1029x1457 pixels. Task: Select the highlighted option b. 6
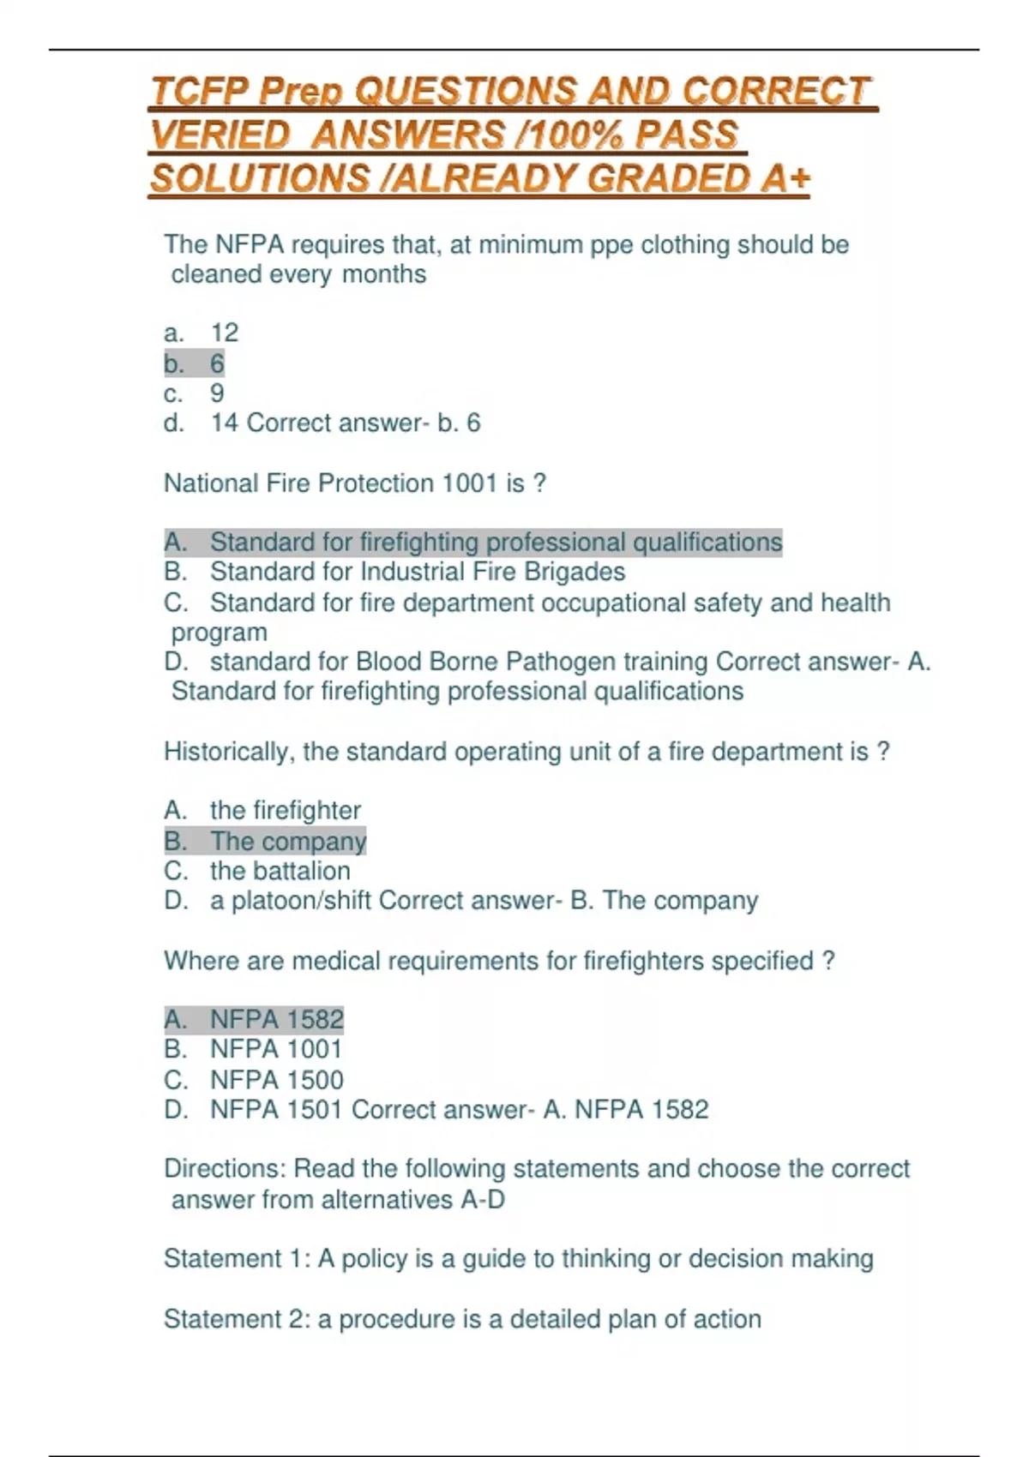click(194, 363)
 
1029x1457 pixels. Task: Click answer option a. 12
click(201, 333)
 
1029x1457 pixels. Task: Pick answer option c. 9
click(194, 393)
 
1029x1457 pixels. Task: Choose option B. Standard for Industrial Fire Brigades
click(394, 572)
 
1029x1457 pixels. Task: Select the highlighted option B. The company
click(265, 841)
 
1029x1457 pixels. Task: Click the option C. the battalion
click(257, 871)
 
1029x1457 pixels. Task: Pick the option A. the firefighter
click(262, 810)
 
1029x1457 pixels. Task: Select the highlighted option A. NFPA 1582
click(254, 1019)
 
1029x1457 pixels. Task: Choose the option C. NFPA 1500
click(254, 1080)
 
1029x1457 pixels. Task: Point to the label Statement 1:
click(237, 1259)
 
